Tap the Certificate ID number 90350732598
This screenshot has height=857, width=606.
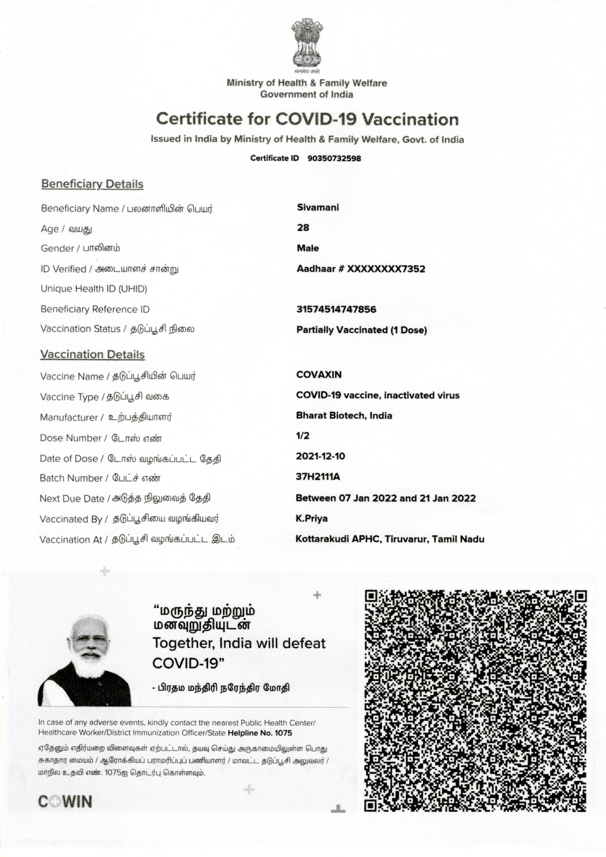click(334, 158)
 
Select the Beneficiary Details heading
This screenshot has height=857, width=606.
click(92, 184)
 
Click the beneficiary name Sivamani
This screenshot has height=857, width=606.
click(318, 207)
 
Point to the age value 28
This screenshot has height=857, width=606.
click(303, 228)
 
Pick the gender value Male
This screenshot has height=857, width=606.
click(308, 248)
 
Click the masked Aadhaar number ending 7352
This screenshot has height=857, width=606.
click(386, 269)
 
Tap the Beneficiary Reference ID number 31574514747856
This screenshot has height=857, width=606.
click(336, 309)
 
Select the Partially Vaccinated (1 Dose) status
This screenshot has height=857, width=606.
click(362, 330)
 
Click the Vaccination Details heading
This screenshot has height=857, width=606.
click(92, 354)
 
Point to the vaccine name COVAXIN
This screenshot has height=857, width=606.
click(319, 375)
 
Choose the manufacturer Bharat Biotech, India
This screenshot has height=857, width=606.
click(344, 415)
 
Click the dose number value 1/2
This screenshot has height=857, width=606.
click(303, 435)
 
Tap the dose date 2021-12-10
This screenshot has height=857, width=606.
click(321, 456)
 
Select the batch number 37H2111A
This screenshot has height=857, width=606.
click(318, 477)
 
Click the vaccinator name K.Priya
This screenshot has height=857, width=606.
click(311, 518)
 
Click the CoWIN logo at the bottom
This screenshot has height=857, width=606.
click(65, 802)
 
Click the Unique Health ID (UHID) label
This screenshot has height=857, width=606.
click(94, 288)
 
